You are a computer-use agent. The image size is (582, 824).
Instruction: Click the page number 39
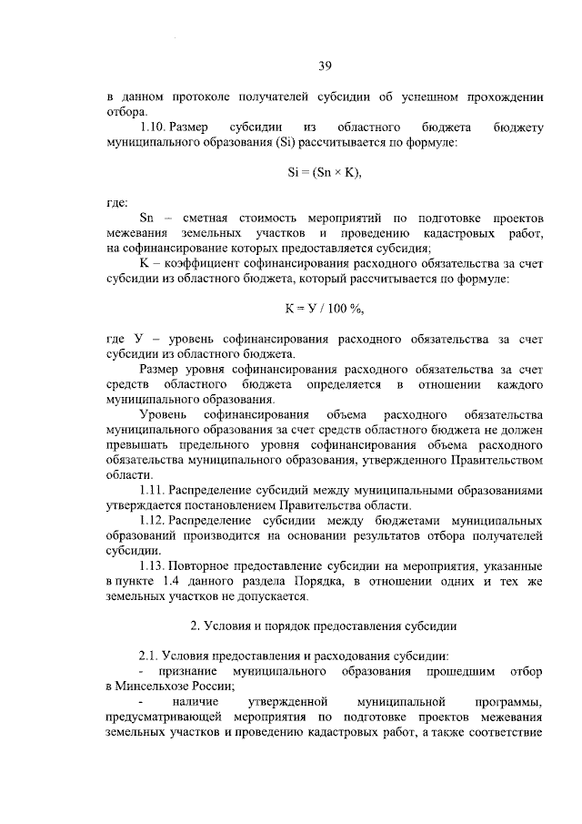326,65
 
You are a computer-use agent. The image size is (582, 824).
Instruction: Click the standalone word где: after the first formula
117,202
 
